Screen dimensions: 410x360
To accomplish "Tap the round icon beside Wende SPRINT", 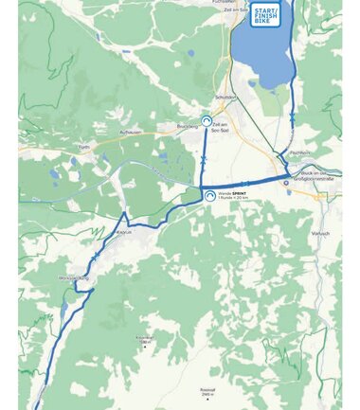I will click(x=209, y=195).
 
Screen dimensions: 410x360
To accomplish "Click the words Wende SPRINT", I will click(x=232, y=192).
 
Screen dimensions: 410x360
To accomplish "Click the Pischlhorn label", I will click(x=299, y=152).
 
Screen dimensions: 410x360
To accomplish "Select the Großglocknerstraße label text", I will click(x=312, y=177).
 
